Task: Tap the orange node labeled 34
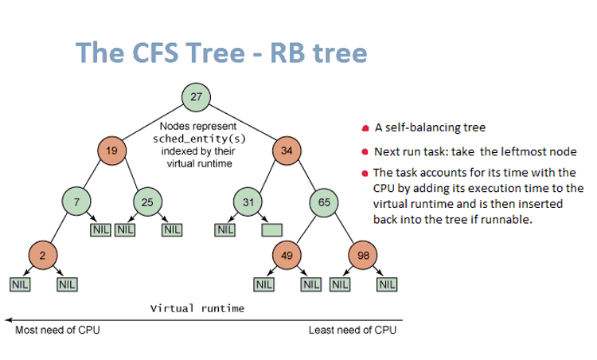[x=287, y=149]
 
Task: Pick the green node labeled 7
[x=76, y=202]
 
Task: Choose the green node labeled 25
[x=147, y=202]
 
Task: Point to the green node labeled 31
[x=248, y=202]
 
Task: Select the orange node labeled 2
[x=41, y=255]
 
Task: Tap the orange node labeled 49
[x=285, y=255]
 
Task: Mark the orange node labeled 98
[x=363, y=255]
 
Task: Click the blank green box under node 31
[x=271, y=230]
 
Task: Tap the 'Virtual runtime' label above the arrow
[x=197, y=307]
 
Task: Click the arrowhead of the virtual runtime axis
[x=8, y=318]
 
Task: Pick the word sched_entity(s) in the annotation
[x=197, y=138]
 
